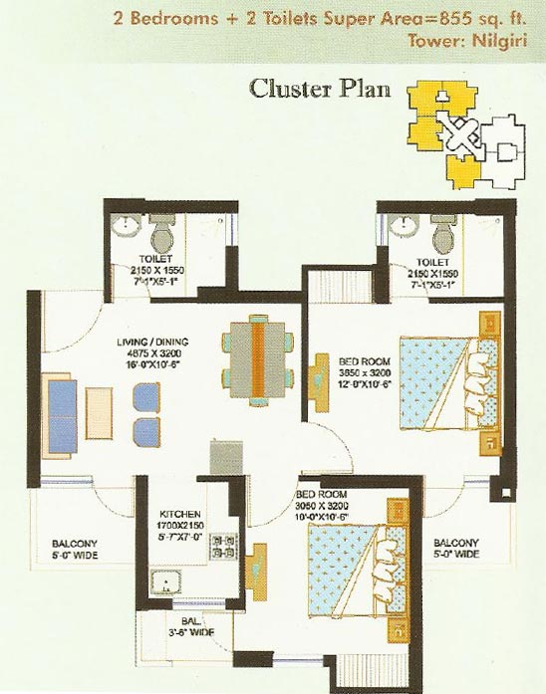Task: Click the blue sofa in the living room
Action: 60,408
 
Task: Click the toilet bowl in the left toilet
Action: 161,236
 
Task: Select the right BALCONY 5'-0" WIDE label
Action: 457,549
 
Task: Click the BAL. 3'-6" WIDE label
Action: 188,625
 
